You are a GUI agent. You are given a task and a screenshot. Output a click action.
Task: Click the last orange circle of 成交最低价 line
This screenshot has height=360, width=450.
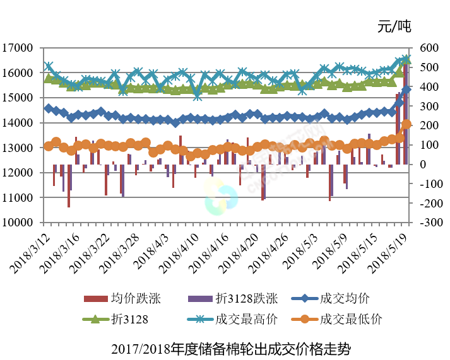[x=406, y=125]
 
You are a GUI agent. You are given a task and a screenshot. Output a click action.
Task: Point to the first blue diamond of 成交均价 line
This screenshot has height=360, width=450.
[x=49, y=108]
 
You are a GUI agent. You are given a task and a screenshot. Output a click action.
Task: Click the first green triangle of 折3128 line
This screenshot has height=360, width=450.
[x=49, y=78]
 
